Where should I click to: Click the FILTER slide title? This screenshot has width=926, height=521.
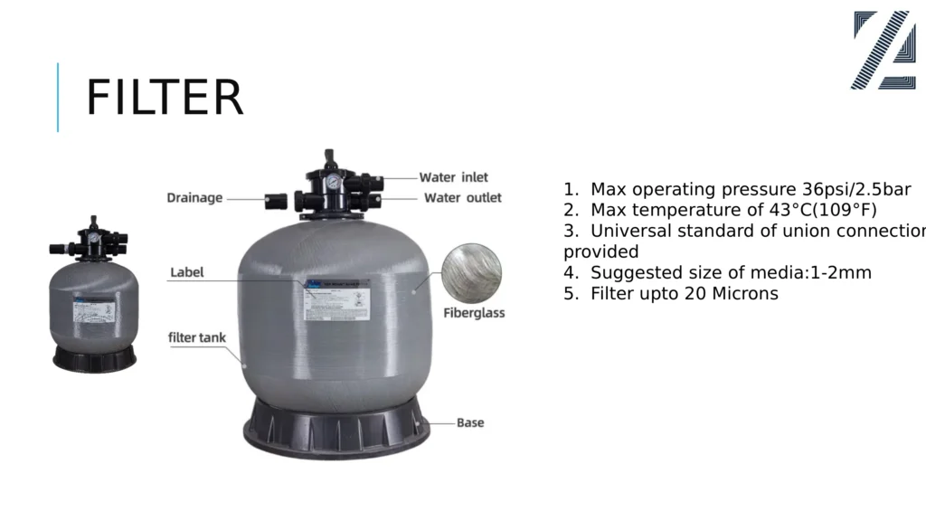click(165, 98)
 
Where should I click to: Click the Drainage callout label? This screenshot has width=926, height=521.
click(194, 198)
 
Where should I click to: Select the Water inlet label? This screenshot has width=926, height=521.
click(453, 177)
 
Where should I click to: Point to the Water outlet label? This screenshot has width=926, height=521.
click(462, 197)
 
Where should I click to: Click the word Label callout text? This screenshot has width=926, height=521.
click(187, 271)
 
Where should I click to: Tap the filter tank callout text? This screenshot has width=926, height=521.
click(197, 337)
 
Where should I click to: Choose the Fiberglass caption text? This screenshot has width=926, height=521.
click(474, 313)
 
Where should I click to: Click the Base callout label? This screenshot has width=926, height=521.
click(469, 422)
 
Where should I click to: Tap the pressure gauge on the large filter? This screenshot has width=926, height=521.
click(333, 181)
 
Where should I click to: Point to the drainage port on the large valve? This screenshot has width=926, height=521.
click(275, 200)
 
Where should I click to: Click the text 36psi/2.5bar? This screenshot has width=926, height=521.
click(856, 190)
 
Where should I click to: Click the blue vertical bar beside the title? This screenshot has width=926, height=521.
click(58, 97)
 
